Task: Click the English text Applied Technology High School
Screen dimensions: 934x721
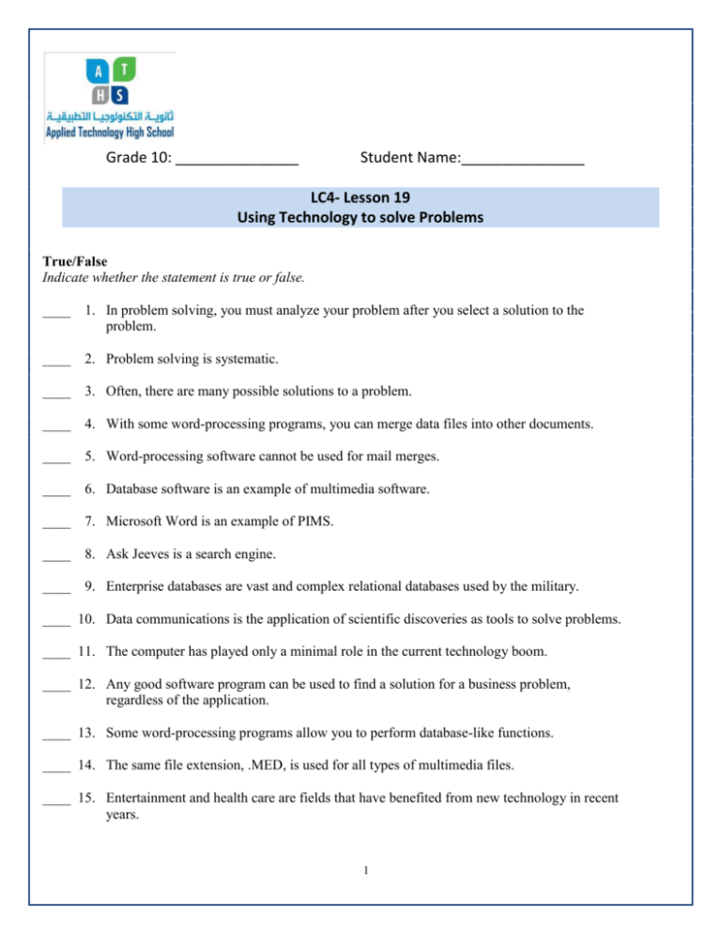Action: [110, 133]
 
